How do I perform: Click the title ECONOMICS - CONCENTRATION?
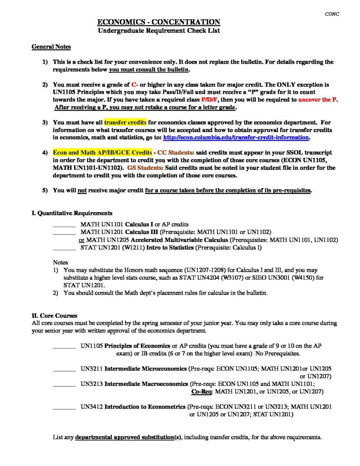coord(159,22)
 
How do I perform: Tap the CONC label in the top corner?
coord(332,14)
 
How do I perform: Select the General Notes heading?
coord(51,47)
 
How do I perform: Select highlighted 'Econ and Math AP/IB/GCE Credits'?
coord(102,152)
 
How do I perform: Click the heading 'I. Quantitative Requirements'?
coord(71,213)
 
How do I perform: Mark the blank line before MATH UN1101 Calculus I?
coord(64,224)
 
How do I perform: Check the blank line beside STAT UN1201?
coord(64,248)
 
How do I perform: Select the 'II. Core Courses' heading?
coord(54,315)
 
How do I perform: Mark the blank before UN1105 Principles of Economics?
coord(64,346)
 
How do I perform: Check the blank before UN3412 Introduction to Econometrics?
coord(64,407)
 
